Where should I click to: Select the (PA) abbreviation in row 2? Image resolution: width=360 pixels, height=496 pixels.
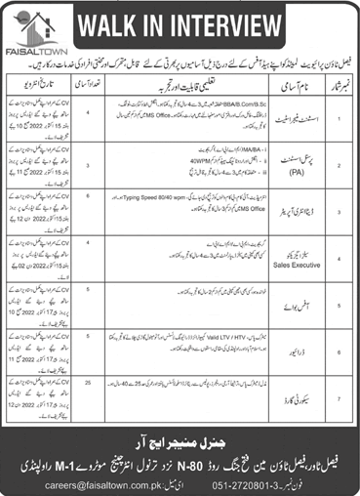[275, 173]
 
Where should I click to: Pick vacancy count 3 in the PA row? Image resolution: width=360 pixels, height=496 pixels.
[116, 166]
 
